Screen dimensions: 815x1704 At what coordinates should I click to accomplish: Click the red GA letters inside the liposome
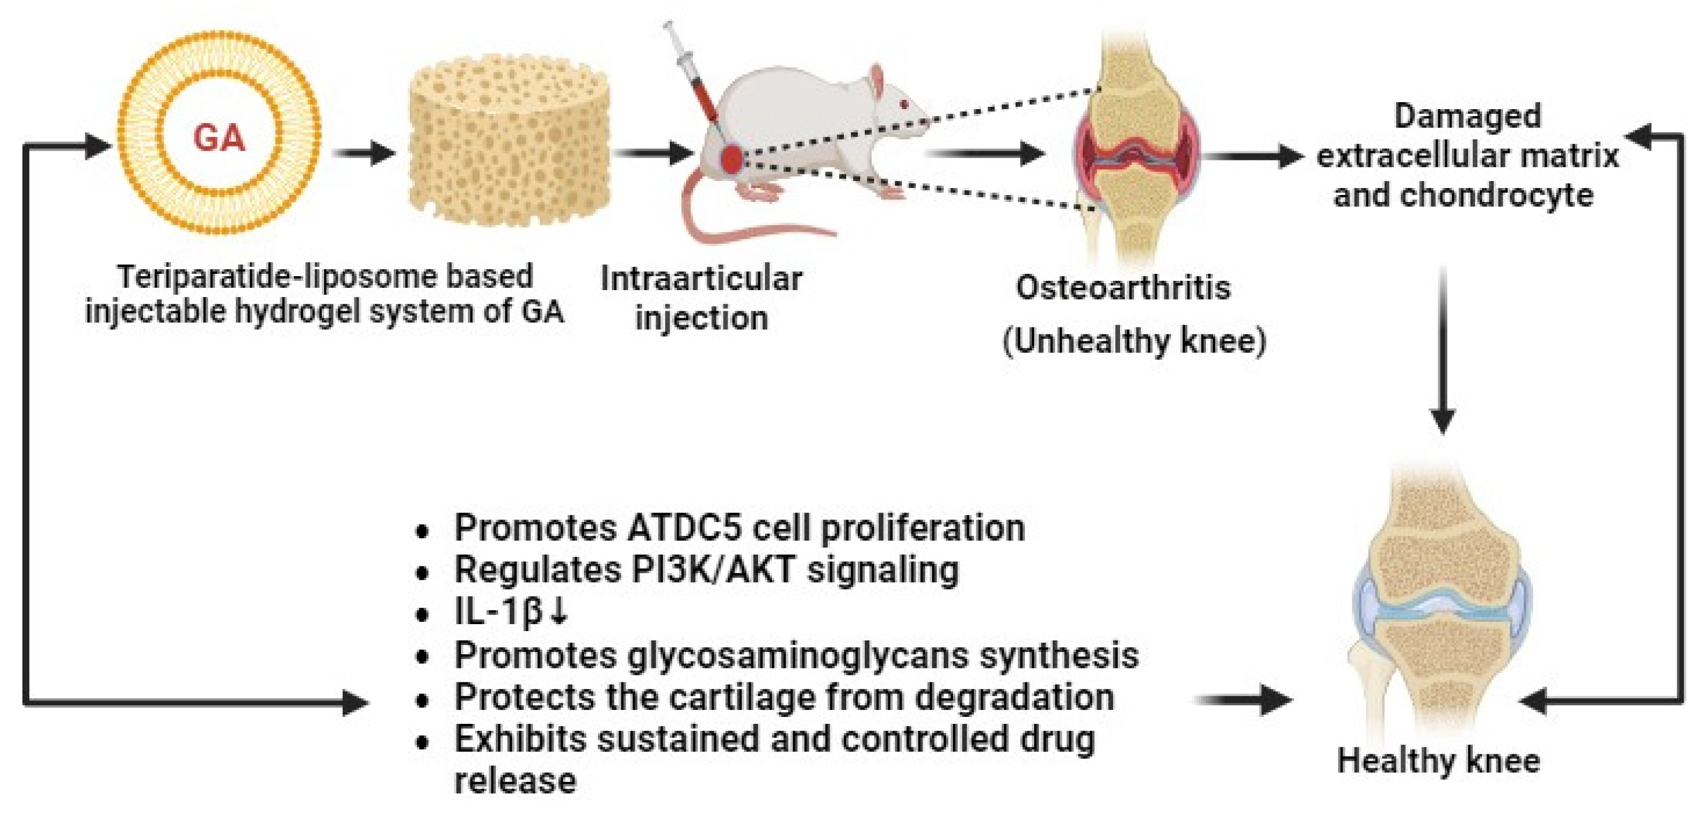(x=219, y=139)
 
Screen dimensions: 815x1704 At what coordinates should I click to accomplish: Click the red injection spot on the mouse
(x=732, y=159)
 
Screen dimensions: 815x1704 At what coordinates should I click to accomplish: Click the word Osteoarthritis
(x=1122, y=288)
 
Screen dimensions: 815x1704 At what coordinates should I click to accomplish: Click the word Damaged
(x=1467, y=116)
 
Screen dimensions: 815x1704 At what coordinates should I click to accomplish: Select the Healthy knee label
(x=1438, y=761)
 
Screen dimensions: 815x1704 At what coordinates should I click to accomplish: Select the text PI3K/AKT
(x=712, y=570)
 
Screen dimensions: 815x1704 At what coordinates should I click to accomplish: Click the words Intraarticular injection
(x=701, y=298)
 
